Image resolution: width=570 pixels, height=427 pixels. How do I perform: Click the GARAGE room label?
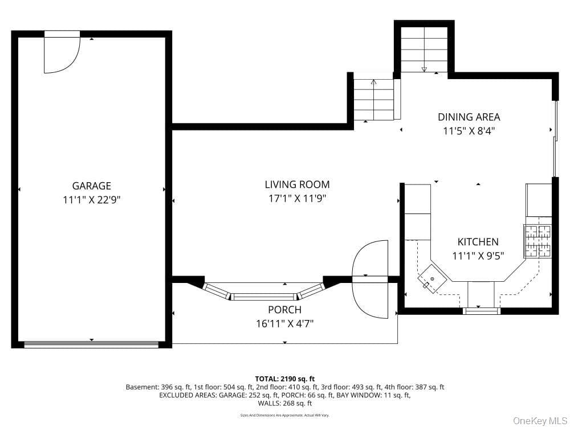pyautogui.click(x=92, y=186)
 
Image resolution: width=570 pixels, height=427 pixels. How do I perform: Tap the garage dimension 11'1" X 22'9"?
pyautogui.click(x=92, y=200)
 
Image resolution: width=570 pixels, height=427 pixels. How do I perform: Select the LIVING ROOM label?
pyautogui.click(x=298, y=184)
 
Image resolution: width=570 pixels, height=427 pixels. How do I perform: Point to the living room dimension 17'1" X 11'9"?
pyautogui.click(x=298, y=199)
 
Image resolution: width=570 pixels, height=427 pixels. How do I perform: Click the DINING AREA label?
pyautogui.click(x=469, y=117)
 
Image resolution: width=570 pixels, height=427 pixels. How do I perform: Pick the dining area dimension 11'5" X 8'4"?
pyautogui.click(x=469, y=131)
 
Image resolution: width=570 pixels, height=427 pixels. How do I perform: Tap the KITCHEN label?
pyautogui.click(x=478, y=242)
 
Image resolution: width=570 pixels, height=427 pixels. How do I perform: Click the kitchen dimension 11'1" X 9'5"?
pyautogui.click(x=478, y=256)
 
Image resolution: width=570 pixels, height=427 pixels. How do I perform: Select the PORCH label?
pyautogui.click(x=284, y=310)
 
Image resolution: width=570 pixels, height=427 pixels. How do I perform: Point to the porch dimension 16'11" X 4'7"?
pyautogui.click(x=284, y=323)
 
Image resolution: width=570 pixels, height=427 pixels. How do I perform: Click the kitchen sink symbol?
pyautogui.click(x=432, y=278)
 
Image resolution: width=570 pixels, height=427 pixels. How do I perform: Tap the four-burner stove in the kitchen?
pyautogui.click(x=538, y=241)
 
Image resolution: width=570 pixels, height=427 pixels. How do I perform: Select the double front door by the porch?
pyautogui.click(x=370, y=279)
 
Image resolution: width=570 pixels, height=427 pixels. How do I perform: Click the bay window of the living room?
pyautogui.click(x=263, y=292)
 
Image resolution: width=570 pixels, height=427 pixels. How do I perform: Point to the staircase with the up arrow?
pyautogui.click(x=374, y=100)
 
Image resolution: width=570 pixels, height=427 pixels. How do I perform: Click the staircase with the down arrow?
pyautogui.click(x=424, y=50)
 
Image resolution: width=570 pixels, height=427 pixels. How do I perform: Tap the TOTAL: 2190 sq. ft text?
pyautogui.click(x=285, y=379)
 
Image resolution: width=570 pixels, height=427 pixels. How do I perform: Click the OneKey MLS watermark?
pyautogui.click(x=539, y=421)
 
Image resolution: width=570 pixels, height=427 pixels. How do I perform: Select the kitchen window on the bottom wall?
pyautogui.click(x=481, y=311)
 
